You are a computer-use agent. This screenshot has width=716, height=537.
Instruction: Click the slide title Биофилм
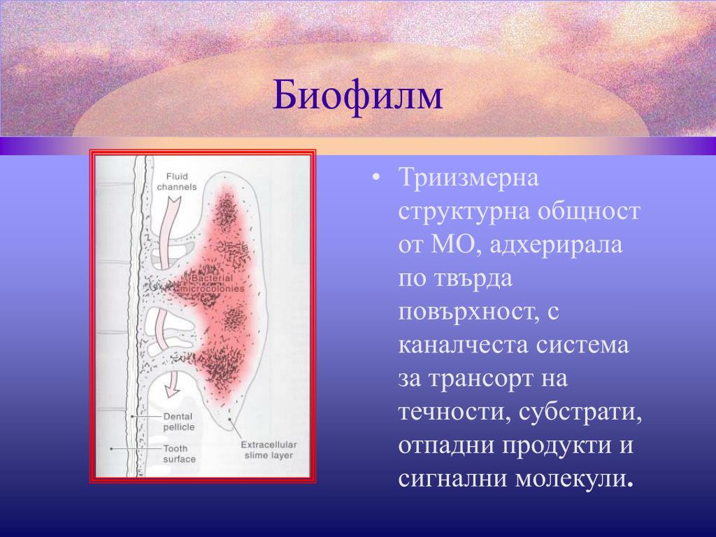[x=357, y=96]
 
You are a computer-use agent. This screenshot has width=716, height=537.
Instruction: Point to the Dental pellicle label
[x=179, y=422]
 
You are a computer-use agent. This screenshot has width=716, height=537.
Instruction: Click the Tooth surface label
[x=180, y=454]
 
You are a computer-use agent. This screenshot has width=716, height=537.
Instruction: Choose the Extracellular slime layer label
[x=269, y=450]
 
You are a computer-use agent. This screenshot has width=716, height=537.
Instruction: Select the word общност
[x=588, y=211]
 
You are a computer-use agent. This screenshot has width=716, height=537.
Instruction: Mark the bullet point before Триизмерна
[x=375, y=178]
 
